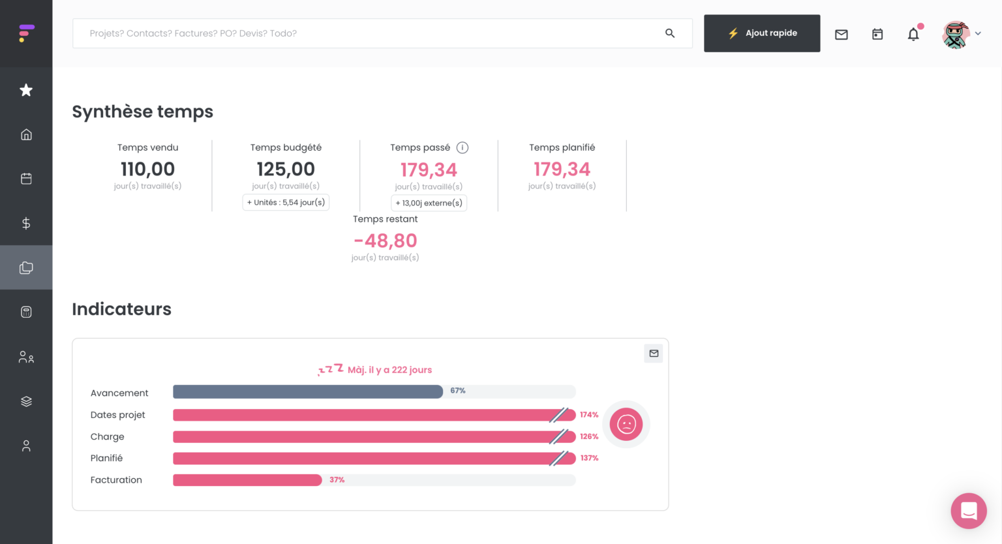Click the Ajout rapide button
[761, 33]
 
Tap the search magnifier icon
[669, 33]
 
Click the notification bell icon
[913, 35]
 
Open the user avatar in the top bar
[956, 35]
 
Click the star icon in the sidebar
[26, 90]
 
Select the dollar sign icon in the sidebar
[26, 223]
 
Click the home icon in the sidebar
[26, 134]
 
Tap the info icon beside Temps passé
[463, 147]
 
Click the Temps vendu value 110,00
[147, 169]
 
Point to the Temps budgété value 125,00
[286, 169]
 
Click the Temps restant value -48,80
[385, 241]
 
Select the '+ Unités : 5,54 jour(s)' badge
[286, 202]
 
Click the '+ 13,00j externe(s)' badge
[429, 203]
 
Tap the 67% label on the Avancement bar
[458, 391]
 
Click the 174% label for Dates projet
[589, 415]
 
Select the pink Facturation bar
[247, 480]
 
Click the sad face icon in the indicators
[626, 424]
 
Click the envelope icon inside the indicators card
[654, 354]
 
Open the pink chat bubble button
[969, 511]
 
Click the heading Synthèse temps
[142, 112]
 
